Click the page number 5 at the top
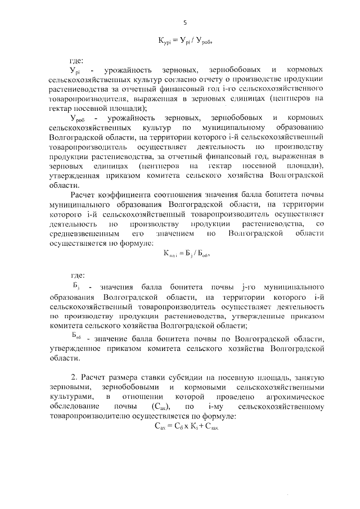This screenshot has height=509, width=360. (x=185, y=22)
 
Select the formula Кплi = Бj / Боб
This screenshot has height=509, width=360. (x=186, y=254)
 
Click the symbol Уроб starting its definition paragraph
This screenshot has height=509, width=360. (x=77, y=118)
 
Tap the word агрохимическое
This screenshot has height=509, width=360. (x=296, y=397)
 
